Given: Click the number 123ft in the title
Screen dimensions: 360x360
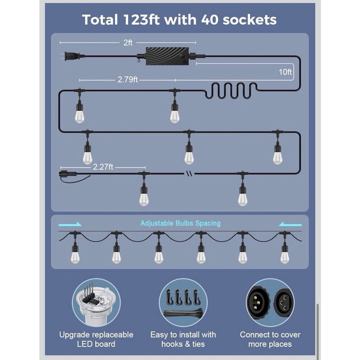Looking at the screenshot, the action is (x=141, y=20).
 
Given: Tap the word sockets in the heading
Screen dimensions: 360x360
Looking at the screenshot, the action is (x=250, y=20).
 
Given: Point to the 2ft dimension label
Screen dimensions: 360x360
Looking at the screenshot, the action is (x=128, y=43).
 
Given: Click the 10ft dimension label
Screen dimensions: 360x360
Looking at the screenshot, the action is (x=285, y=72).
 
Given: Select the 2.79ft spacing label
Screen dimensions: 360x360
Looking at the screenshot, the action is (x=128, y=80).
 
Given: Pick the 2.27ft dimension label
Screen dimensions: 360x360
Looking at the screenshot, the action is (x=103, y=167).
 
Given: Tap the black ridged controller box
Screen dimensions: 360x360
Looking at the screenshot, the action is (x=167, y=56).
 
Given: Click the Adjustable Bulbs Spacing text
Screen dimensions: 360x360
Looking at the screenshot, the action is (x=180, y=223).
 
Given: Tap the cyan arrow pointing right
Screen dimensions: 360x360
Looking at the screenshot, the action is (x=70, y=224).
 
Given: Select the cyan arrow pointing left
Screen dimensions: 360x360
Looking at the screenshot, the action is (x=290, y=224).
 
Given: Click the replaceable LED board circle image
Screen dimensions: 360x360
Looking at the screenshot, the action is (x=96, y=302).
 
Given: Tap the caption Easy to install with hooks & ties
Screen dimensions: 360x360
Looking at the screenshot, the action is (x=183, y=339).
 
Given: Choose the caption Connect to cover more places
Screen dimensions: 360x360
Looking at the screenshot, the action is (x=270, y=339).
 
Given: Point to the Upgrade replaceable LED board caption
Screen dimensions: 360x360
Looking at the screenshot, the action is (x=96, y=339).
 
